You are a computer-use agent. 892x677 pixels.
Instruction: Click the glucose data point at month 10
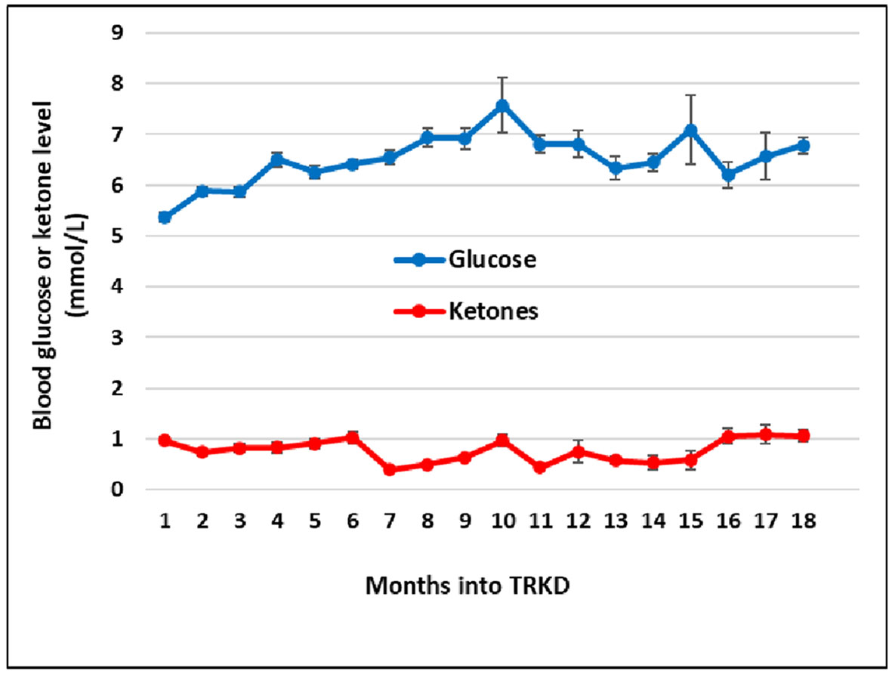click(502, 106)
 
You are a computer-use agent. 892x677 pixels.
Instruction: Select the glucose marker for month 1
click(165, 217)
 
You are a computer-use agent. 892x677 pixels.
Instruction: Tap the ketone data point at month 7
click(390, 469)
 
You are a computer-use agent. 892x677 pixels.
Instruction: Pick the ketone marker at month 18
click(803, 435)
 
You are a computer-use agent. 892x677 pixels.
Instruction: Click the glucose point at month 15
click(690, 131)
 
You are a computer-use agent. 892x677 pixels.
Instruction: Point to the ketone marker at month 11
click(539, 467)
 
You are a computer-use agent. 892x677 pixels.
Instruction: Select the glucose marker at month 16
click(728, 175)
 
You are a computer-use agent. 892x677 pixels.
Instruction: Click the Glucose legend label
click(492, 259)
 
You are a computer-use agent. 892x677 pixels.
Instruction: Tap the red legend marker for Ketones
click(420, 311)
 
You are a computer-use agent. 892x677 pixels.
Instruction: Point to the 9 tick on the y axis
click(118, 33)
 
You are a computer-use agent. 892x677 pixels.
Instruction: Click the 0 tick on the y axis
click(118, 490)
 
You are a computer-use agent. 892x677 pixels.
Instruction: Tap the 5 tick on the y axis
click(118, 236)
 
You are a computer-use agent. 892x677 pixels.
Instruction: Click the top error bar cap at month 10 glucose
click(502, 77)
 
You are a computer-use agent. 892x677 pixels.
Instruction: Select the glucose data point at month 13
click(616, 168)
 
